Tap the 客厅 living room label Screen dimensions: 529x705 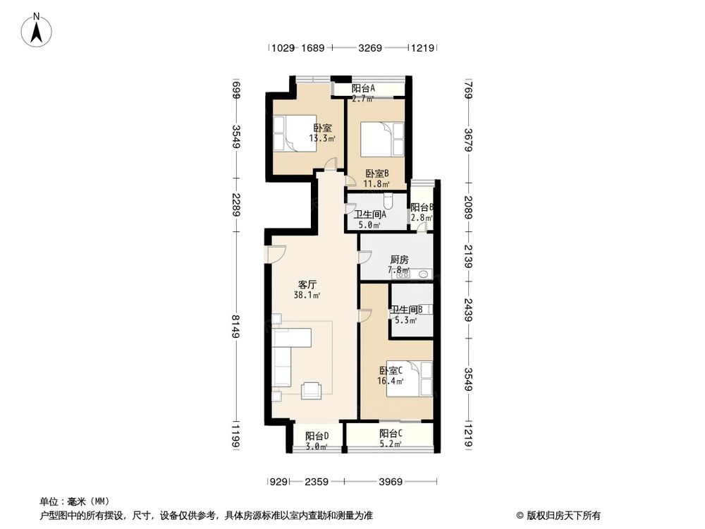coord(307,284)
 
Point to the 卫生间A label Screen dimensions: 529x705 coord(370,214)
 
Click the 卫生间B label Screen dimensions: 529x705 coord(407,309)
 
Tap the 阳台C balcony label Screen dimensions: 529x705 coord(391,433)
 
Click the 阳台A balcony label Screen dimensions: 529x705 coord(363,88)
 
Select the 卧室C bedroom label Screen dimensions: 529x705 coord(391,370)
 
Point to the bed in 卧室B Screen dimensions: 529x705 coord(381,140)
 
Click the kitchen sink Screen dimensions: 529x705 coord(424,274)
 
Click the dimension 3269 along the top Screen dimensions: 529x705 coord(370,48)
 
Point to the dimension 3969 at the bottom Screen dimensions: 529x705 coord(390,482)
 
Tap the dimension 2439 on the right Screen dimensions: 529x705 coord(469,309)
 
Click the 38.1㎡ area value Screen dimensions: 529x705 coord(307,296)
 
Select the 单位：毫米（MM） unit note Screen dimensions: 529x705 coord(71,501)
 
